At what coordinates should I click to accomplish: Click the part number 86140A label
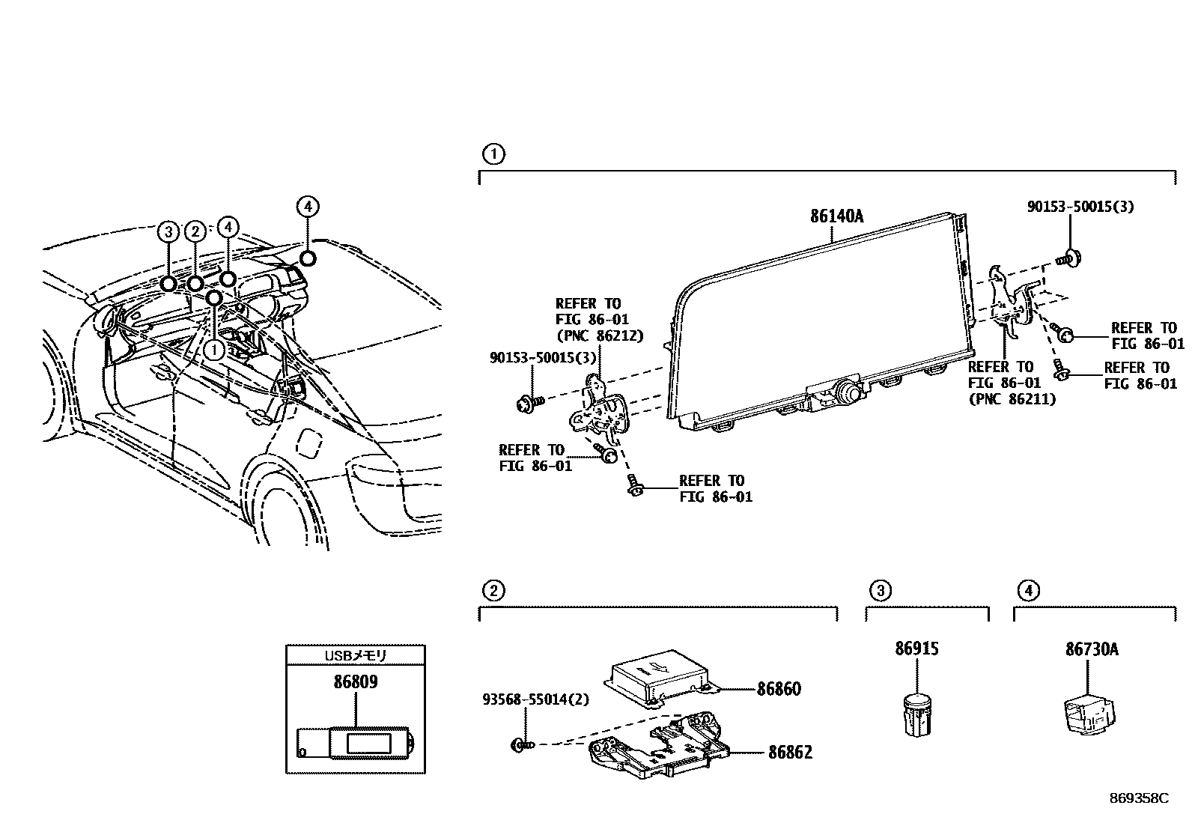click(836, 217)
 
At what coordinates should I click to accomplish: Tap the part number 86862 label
click(789, 752)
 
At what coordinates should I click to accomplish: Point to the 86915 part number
click(916, 649)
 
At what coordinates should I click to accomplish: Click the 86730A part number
click(1092, 649)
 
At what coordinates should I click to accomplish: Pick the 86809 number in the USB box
click(355, 682)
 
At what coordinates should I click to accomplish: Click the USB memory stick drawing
click(356, 743)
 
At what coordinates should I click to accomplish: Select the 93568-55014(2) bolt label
click(535, 700)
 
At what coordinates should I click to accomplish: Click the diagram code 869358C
click(1138, 798)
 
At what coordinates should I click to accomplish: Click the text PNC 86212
click(599, 335)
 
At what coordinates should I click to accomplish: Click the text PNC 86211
click(1012, 399)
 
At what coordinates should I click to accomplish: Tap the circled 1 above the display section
click(493, 155)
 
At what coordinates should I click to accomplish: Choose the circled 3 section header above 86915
click(880, 591)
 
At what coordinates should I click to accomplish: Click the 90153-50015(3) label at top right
click(1080, 207)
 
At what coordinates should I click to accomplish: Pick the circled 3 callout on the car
click(168, 231)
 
